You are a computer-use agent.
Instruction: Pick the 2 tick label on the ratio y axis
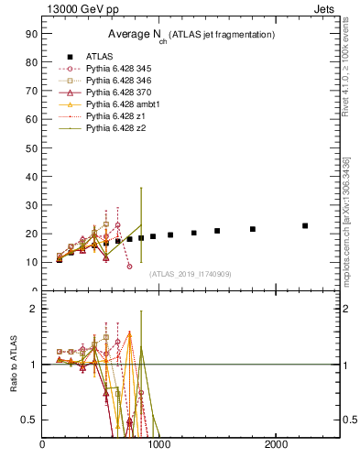pos(33,309)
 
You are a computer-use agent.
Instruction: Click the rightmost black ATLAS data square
pos(305,225)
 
